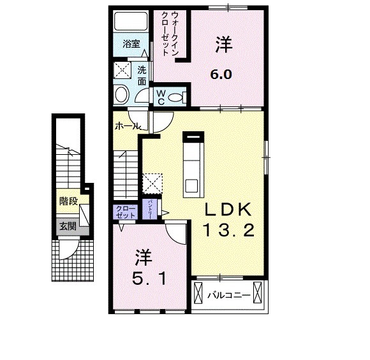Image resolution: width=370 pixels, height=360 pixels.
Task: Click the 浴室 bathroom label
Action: click(131, 45)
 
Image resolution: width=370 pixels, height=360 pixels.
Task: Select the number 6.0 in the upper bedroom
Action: click(221, 72)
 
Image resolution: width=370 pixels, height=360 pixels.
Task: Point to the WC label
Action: click(161, 97)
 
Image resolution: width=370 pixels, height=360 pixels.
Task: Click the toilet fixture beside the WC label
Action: click(180, 97)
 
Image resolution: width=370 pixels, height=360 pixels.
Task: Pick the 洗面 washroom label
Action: click(142, 76)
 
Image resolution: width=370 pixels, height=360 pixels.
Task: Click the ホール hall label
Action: click(127, 127)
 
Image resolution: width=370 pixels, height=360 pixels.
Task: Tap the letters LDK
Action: click(228, 211)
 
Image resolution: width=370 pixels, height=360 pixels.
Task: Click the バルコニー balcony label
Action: click(228, 295)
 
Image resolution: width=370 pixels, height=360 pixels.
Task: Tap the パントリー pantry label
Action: click(151, 209)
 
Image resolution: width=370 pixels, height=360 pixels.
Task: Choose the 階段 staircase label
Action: click(68, 201)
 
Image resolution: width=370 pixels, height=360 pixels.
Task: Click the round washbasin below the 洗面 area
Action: click(121, 96)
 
